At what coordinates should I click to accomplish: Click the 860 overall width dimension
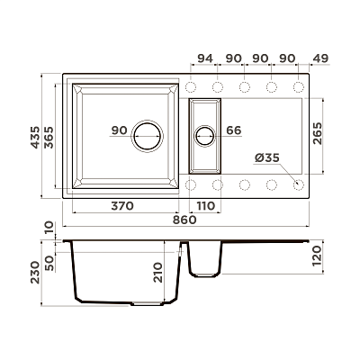click(x=184, y=220)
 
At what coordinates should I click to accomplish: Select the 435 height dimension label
click(x=35, y=137)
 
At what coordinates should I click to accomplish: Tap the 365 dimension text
click(x=49, y=137)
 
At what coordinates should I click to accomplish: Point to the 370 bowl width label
click(x=122, y=206)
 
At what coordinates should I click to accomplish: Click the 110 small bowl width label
click(x=206, y=206)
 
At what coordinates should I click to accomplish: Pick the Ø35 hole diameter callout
click(x=267, y=157)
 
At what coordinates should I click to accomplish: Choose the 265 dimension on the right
click(x=317, y=133)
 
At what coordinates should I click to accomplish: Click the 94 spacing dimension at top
click(x=204, y=58)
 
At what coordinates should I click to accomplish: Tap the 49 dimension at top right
click(x=320, y=58)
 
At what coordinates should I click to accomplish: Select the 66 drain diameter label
click(x=233, y=130)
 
